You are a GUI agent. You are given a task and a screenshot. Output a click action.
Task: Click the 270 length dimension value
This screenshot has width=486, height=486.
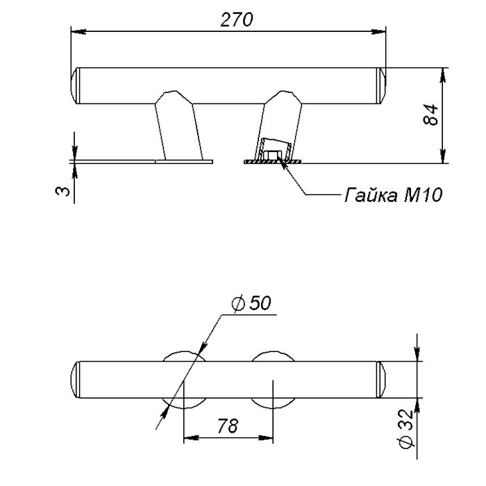[237, 19]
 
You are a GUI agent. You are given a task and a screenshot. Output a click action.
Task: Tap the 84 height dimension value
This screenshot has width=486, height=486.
[431, 115]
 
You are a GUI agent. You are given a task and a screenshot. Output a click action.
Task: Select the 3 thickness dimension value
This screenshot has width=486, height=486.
[62, 191]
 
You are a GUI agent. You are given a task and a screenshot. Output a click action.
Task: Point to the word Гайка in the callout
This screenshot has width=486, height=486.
[371, 195]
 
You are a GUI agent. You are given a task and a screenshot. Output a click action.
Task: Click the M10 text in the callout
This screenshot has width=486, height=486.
[423, 195]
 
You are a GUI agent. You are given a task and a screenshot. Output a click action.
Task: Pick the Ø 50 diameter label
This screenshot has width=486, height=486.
[251, 303]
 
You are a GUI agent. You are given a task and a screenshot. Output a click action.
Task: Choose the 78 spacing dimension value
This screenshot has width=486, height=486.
[228, 426]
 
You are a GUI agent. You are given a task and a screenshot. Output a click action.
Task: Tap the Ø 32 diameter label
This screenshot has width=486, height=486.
[406, 429]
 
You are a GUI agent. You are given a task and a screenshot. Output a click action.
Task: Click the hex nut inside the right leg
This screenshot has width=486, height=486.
[272, 155]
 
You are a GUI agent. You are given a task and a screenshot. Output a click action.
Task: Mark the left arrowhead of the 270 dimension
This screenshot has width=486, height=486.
[78, 31]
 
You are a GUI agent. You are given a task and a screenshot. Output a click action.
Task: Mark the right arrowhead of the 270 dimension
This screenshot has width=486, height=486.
[378, 31]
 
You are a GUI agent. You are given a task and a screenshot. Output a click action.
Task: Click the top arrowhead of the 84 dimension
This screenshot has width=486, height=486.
[443, 75]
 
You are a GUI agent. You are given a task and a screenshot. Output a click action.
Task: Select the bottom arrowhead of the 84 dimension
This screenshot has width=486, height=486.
[443, 156]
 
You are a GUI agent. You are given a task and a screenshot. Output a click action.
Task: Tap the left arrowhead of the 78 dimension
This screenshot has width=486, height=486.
[191, 438]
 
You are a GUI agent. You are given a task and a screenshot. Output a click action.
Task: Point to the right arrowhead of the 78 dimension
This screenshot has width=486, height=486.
[266, 438]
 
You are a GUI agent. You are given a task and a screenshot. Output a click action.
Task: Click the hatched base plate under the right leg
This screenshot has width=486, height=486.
[273, 162]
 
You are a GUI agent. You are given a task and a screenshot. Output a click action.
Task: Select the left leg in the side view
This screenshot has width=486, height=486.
[178, 126]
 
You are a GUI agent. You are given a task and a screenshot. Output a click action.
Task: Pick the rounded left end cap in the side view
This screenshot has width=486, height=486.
[75, 85]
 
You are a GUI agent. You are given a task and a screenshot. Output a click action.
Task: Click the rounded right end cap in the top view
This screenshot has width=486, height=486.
[382, 379]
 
